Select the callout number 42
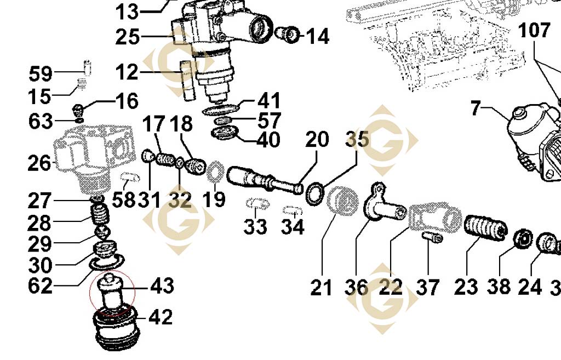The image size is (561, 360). click(160, 317)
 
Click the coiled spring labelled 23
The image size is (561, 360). click(486, 230)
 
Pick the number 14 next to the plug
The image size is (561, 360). click(317, 37)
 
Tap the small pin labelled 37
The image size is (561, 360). click(432, 237)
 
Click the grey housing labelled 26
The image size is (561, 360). click(93, 156)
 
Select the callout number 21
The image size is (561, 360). click(322, 287)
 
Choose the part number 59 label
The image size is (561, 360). click(41, 73)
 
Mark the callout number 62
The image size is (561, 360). click(41, 285)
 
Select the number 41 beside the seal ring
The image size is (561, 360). click(269, 101)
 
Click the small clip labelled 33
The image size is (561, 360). click(256, 204)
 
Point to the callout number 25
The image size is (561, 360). click(128, 37)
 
